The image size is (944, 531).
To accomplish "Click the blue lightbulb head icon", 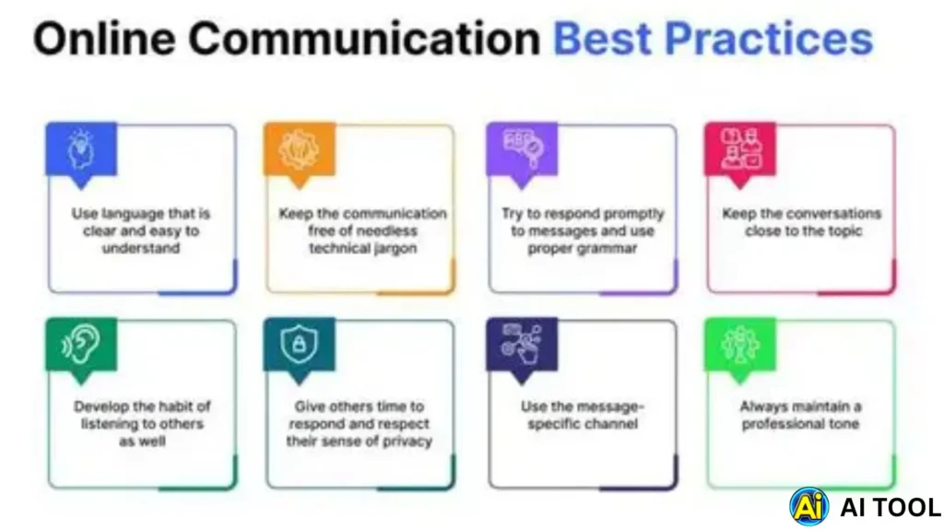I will [81, 147].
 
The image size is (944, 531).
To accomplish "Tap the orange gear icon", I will [299, 147].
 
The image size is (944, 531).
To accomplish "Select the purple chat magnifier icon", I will [522, 147].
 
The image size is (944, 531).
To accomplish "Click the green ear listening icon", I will [81, 345].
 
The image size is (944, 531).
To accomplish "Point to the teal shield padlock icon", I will [299, 345].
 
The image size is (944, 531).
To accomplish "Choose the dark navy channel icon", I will [522, 343].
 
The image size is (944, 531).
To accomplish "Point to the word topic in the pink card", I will [836, 230].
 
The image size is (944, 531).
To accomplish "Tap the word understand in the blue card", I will [141, 248].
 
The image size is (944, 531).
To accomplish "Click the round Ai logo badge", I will [808, 506].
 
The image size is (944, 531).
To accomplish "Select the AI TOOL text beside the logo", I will [891, 506].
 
